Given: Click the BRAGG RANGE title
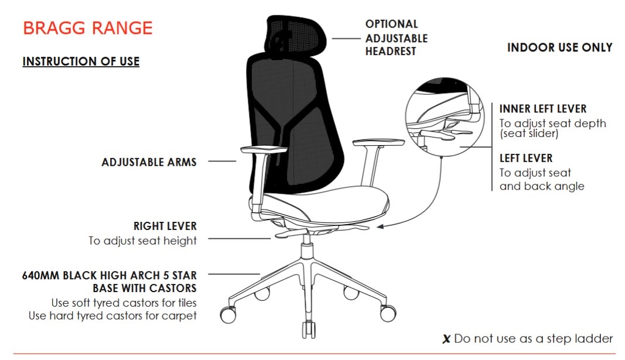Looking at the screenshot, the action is tap(88, 28).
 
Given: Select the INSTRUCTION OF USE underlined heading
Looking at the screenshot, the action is tap(81, 61).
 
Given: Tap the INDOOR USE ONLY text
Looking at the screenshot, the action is tap(559, 47).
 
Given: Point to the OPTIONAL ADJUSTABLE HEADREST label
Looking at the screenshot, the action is tap(397, 38).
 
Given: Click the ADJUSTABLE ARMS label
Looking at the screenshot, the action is tap(149, 162).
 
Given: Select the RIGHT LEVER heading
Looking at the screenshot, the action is tap(165, 226).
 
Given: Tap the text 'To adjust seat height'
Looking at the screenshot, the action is tap(143, 241).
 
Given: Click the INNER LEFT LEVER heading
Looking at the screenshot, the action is tap(543, 109).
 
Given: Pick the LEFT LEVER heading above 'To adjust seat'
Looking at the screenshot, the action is tap(526, 158).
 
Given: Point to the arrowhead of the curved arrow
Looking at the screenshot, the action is tap(380, 227).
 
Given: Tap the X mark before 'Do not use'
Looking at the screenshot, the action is tap(446, 340).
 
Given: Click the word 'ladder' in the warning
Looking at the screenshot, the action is tap(593, 338).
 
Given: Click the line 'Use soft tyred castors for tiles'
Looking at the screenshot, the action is tap(124, 303).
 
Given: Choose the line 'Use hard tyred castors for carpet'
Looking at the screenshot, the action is tap(113, 316).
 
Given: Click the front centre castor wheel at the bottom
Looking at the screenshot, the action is tap(309, 330).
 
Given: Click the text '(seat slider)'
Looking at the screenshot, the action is tap(529, 133).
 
